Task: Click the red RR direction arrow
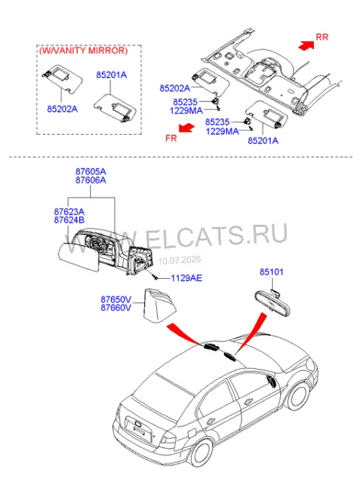pos(307,45)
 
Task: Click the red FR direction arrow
pos(187,128)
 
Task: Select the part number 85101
pos(271,272)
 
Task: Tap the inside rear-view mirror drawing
pos(271,303)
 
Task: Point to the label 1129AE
pos(186,278)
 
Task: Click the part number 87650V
pos(116,300)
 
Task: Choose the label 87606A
pos(91,180)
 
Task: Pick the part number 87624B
pos(69,220)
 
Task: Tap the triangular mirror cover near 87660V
pos(160,305)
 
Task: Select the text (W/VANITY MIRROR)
pos(84,50)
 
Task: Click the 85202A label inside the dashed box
pos(62,109)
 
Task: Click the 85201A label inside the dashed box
pos(112,75)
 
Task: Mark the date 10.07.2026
pos(179,260)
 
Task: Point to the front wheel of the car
pos(298,397)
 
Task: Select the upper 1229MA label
pos(186,110)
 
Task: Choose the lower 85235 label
pos(217,122)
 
